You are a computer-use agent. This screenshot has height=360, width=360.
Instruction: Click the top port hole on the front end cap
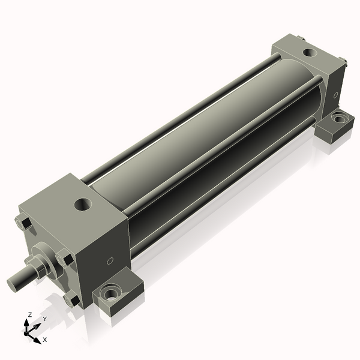tap(82, 205)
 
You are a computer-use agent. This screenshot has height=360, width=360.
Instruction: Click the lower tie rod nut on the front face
tap(72, 298)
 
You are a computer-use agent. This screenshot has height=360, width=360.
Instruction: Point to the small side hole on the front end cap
tap(110, 261)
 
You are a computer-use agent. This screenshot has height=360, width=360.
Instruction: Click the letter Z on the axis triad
tap(30, 314)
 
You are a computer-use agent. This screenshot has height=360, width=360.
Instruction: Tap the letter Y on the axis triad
tap(44, 319)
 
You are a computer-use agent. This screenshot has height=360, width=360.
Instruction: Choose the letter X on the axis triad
tap(44, 340)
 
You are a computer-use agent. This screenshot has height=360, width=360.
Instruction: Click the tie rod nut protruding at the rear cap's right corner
tap(344, 61)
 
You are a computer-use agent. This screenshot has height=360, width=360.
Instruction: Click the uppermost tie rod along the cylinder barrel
tap(180, 114)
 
